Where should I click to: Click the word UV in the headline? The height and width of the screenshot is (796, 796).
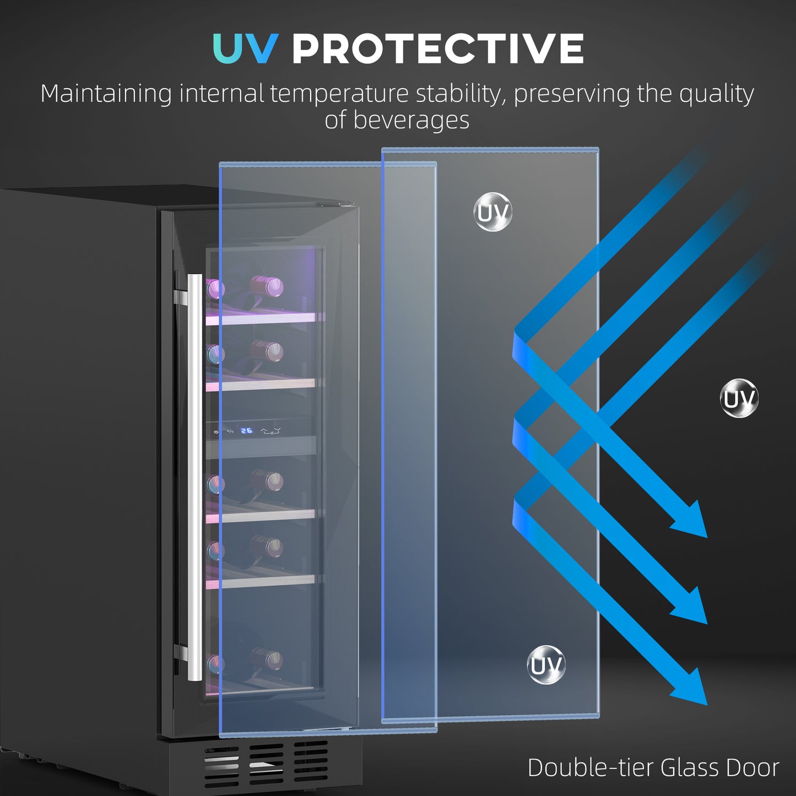click(245, 48)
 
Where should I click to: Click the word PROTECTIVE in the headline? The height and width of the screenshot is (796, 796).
click(437, 48)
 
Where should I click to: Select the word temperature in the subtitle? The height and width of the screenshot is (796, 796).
click(339, 94)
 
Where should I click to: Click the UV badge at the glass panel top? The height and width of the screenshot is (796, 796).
click(493, 212)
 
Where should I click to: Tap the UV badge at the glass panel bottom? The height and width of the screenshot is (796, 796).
click(546, 665)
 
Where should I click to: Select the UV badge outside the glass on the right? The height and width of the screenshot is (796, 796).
click(739, 398)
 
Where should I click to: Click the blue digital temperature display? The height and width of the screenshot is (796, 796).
click(247, 431)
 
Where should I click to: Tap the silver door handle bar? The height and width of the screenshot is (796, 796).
click(194, 476)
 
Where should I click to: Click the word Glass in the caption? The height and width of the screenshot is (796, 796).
click(690, 768)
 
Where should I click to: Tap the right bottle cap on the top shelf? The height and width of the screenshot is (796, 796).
click(271, 286)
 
